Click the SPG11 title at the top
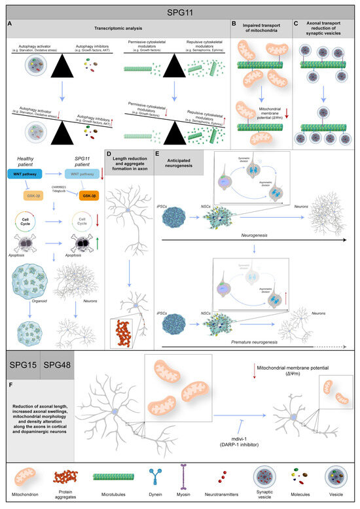click(180, 12)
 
